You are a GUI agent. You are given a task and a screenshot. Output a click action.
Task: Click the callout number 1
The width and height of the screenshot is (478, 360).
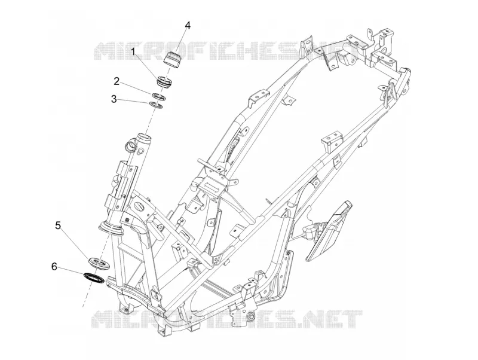133,51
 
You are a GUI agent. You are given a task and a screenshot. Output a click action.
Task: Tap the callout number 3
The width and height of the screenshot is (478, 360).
114,99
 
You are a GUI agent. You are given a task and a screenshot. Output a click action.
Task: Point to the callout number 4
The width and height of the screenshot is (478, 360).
188,26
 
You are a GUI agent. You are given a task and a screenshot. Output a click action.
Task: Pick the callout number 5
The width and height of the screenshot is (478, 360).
58,225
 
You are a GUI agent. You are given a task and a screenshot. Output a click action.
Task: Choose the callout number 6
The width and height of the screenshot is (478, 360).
54,267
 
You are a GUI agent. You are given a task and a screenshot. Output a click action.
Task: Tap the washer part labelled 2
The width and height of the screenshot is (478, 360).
159,96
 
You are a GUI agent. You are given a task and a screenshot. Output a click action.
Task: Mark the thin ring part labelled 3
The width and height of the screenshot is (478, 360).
156,105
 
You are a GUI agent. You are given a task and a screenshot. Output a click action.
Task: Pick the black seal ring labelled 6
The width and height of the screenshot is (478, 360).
94,277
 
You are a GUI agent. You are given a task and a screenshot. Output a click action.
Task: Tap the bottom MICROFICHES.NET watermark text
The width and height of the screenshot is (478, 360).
227,319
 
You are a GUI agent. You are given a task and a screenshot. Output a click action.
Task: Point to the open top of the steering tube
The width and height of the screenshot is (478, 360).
144,136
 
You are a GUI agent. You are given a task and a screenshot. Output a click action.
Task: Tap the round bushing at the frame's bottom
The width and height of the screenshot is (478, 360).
250,316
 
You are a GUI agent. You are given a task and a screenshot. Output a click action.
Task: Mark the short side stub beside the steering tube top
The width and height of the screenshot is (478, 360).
130,144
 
